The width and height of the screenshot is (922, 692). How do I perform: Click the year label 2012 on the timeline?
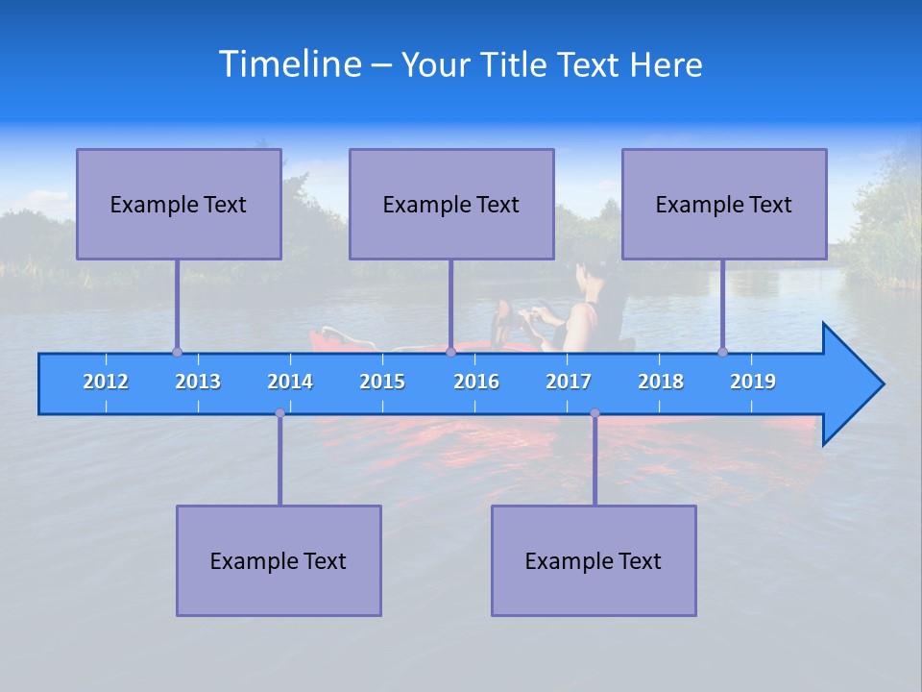(106, 382)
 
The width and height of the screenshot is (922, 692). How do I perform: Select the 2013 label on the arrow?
(198, 382)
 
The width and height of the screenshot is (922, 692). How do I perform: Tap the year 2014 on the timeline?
(290, 382)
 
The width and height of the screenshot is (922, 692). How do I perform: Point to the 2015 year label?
(382, 382)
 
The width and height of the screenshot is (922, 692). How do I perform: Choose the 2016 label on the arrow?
(476, 382)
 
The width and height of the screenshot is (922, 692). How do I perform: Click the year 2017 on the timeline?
(569, 382)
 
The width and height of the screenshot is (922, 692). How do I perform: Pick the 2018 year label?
(661, 382)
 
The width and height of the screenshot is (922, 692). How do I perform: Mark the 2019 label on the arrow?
(753, 382)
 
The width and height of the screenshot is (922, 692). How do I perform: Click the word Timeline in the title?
(290, 64)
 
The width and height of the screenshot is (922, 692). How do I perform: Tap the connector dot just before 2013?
(177, 353)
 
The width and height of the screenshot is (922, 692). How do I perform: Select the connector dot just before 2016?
(450, 353)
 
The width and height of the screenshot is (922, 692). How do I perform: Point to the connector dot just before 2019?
(722, 353)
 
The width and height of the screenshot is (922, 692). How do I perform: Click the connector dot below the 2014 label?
(279, 413)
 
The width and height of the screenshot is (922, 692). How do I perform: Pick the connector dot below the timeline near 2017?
(594, 413)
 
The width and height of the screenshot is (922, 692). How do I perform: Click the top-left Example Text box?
(179, 204)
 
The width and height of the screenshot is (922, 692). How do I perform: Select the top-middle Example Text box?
(451, 204)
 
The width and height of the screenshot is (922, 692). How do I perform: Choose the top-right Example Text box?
(724, 204)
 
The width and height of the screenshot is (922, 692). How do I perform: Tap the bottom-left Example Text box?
(279, 560)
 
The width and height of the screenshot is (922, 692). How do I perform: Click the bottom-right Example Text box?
(594, 560)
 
